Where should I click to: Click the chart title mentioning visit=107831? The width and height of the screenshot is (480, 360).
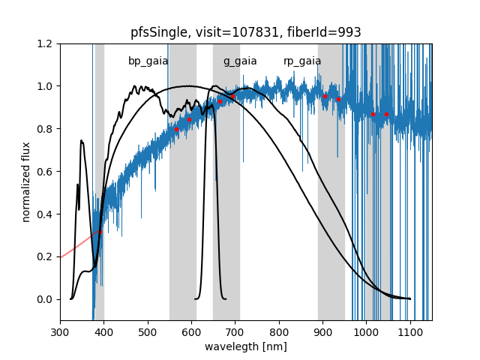pos(246,32)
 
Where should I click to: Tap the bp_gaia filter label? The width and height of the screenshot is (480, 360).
pos(148,61)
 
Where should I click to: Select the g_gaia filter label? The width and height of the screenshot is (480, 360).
pos(240,61)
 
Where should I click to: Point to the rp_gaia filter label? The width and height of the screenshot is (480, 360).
pos(302,61)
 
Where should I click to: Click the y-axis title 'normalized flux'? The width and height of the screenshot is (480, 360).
pos(26,181)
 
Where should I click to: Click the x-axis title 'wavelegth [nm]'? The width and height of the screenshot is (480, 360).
pos(246,346)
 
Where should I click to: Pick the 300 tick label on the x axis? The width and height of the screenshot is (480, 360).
pos(60,331)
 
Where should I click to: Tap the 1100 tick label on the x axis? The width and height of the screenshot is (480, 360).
pos(410,331)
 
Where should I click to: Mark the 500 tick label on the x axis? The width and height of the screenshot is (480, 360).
pos(148,331)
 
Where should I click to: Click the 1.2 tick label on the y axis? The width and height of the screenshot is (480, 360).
pos(46,43)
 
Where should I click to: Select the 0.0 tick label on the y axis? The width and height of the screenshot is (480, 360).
pos(46,299)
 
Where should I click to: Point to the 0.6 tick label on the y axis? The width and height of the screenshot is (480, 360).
pos(46,172)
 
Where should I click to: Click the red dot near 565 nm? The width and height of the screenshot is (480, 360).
pos(176,129)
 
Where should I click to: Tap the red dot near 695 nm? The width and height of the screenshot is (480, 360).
pos(232,96)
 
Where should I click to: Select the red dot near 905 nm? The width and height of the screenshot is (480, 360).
pos(325,96)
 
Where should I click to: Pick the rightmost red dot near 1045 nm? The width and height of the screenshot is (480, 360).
pos(386,114)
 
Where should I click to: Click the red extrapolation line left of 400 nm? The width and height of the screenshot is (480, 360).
pos(75,248)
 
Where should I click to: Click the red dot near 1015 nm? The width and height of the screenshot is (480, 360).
pos(373,114)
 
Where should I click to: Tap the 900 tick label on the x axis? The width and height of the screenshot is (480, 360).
pos(322,331)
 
